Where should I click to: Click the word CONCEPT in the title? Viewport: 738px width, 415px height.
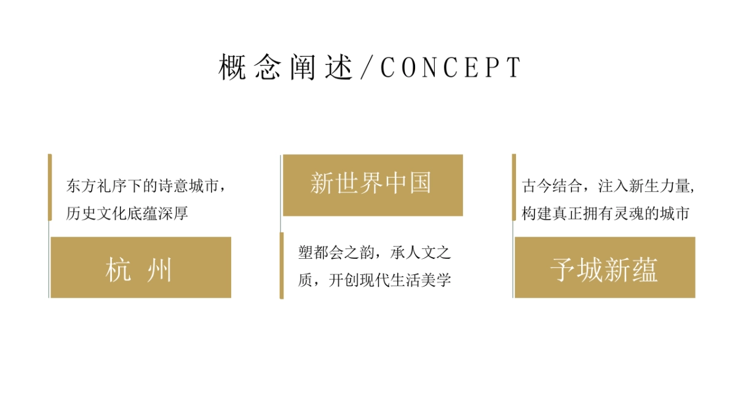tap(451, 68)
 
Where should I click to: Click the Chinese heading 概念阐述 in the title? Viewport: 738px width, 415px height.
tap(286, 68)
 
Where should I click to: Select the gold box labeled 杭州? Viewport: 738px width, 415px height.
tap(141, 267)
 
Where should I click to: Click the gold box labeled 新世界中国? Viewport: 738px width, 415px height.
tap(373, 185)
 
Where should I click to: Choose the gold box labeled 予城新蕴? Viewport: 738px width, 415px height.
tap(605, 267)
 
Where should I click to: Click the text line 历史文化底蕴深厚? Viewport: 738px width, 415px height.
tap(127, 214)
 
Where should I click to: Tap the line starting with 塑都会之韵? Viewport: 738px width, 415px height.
tap(375, 252)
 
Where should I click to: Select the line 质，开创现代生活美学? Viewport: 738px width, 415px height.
tap(375, 280)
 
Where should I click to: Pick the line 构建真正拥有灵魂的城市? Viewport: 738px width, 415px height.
tap(605, 214)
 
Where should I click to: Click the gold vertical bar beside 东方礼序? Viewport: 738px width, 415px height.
tap(50, 187)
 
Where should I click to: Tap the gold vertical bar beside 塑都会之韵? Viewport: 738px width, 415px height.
tap(282, 265)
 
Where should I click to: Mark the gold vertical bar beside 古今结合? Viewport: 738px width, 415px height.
tap(514, 187)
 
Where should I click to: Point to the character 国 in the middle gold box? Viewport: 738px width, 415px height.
tap(420, 183)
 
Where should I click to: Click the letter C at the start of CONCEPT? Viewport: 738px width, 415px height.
tap(387, 68)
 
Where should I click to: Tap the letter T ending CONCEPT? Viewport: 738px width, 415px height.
tap(514, 68)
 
